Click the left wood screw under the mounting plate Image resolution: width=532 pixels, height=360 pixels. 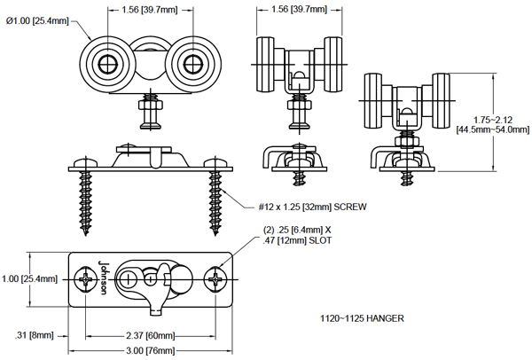88,201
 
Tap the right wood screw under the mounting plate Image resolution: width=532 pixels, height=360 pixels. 216,201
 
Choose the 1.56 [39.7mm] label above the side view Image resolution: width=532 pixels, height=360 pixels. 298,10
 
